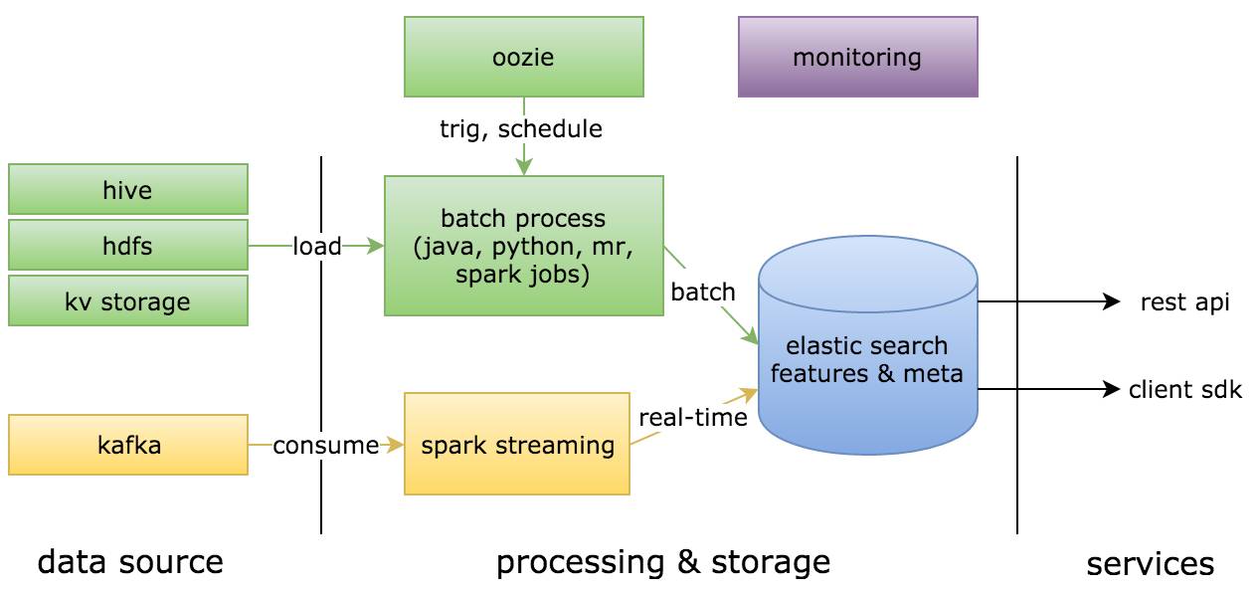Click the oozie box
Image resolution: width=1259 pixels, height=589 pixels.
pyautogui.click(x=524, y=57)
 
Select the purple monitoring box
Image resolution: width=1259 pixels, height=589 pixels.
pyautogui.click(x=857, y=57)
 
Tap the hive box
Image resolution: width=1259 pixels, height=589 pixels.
pyautogui.click(x=128, y=190)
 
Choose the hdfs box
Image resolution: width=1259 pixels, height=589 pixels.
pyautogui.click(x=128, y=246)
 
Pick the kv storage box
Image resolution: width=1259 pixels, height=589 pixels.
pyautogui.click(x=128, y=301)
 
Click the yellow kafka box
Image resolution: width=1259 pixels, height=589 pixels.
pyautogui.click(x=128, y=445)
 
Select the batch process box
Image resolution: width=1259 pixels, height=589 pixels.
pyautogui.click(x=524, y=246)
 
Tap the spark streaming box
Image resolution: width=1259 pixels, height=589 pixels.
pyautogui.click(x=517, y=444)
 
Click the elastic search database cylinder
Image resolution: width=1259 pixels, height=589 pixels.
pyautogui.click(x=868, y=345)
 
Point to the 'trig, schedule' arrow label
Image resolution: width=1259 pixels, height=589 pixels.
pyautogui.click(x=521, y=128)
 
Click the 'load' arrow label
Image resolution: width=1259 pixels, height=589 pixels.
pyautogui.click(x=317, y=247)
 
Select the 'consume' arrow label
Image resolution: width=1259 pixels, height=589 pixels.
pyautogui.click(x=326, y=446)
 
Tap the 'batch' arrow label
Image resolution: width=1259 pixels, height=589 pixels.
pyautogui.click(x=703, y=292)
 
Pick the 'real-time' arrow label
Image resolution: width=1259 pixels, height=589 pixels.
pyautogui.click(x=693, y=418)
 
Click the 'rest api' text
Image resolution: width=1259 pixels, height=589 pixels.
pyautogui.click(x=1184, y=302)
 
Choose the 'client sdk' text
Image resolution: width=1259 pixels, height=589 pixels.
pyautogui.click(x=1184, y=389)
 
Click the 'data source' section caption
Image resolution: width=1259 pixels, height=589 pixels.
pyautogui.click(x=130, y=562)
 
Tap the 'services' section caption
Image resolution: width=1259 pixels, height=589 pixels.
pyautogui.click(x=1150, y=564)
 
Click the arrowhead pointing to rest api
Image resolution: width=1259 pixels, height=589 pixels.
pyautogui.click(x=1112, y=301)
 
